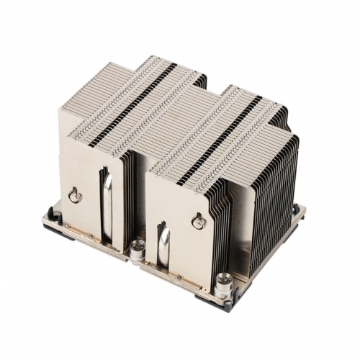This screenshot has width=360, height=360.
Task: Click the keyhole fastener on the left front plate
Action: tap(74, 195)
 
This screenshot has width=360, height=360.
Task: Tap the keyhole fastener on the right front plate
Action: tap(199, 222)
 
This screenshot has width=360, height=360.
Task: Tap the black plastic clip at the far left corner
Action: tap(51, 215)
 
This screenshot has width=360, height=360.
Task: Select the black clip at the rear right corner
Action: tap(297, 210)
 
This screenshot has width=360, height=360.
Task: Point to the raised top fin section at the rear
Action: tap(144, 72)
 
